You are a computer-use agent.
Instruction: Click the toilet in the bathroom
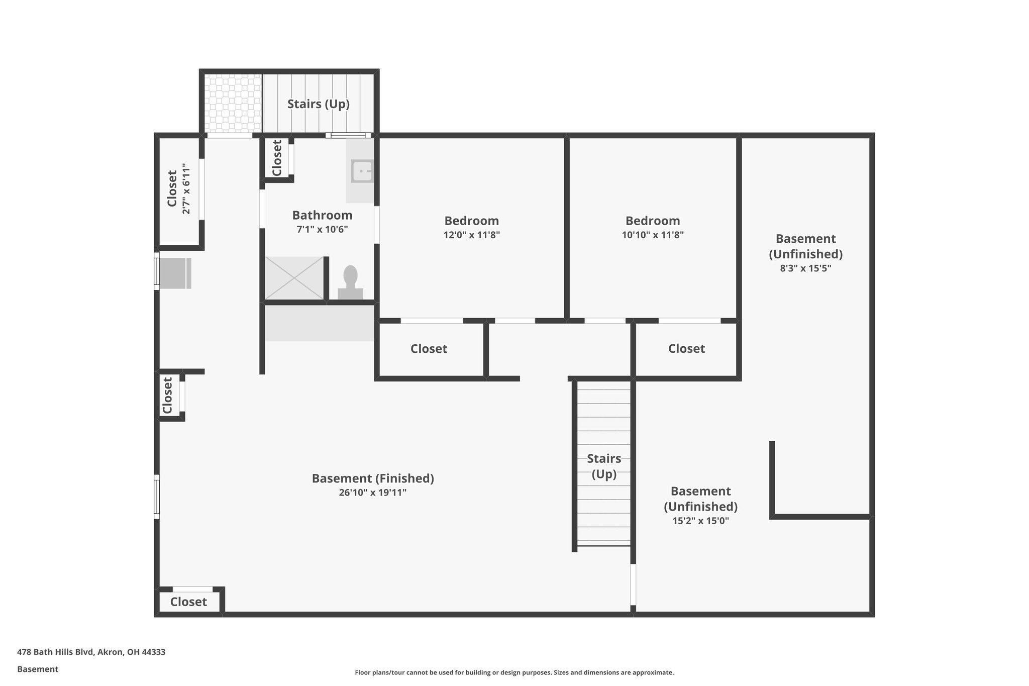[350, 281]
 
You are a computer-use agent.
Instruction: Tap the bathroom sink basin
[362, 171]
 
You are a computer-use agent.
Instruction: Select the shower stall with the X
[294, 278]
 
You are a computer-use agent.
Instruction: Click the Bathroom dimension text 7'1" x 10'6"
[322, 230]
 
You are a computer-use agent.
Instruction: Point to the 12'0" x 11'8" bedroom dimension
[471, 235]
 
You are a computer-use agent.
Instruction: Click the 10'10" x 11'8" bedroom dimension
[652, 235]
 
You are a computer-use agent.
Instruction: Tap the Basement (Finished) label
[373, 478]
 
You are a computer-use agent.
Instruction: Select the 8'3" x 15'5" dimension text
[805, 268]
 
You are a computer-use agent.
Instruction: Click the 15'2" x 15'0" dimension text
[700, 521]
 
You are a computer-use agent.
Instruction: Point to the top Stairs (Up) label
[318, 104]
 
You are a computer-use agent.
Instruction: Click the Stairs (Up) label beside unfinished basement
[604, 466]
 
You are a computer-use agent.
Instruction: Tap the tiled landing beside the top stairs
[233, 104]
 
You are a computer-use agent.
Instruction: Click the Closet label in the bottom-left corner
[188, 602]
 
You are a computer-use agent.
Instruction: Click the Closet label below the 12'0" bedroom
[429, 349]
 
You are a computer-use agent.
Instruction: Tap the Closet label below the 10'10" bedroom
[686, 349]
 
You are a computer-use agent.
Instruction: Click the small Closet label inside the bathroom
[277, 158]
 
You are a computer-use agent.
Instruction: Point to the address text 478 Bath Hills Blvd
[91, 652]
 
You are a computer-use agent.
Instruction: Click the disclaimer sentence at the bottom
[514, 672]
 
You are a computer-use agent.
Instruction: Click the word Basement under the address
[38, 669]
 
